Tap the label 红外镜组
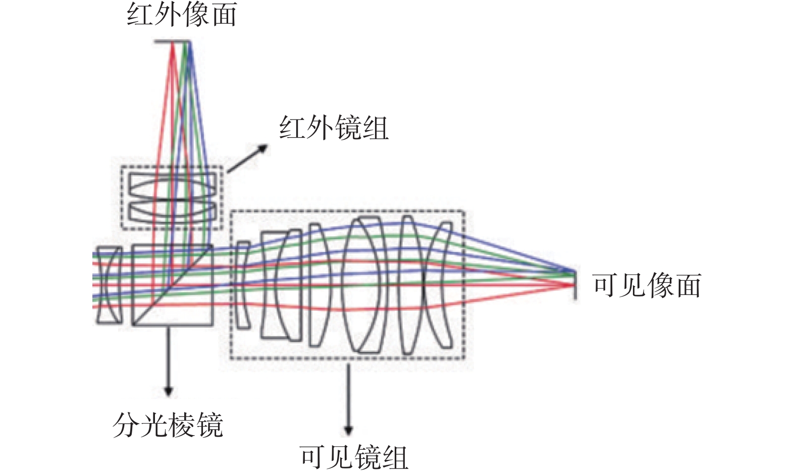tap(334, 128)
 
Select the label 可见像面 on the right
tap(647, 286)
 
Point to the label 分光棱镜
tap(168, 425)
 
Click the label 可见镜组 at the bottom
tap(354, 457)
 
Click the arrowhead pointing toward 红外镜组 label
tap(262, 148)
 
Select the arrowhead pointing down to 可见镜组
tap(348, 431)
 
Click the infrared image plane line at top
tap(173, 42)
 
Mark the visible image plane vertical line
tap(574, 286)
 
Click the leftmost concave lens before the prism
tap(109, 285)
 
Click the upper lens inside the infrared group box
tap(173, 187)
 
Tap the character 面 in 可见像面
tap(689, 286)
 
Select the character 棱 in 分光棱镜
tap(182, 425)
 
